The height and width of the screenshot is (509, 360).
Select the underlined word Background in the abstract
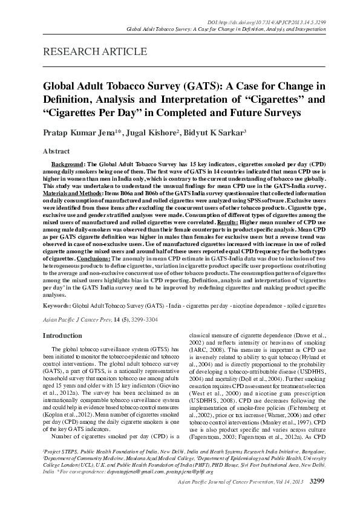pos(67,164)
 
